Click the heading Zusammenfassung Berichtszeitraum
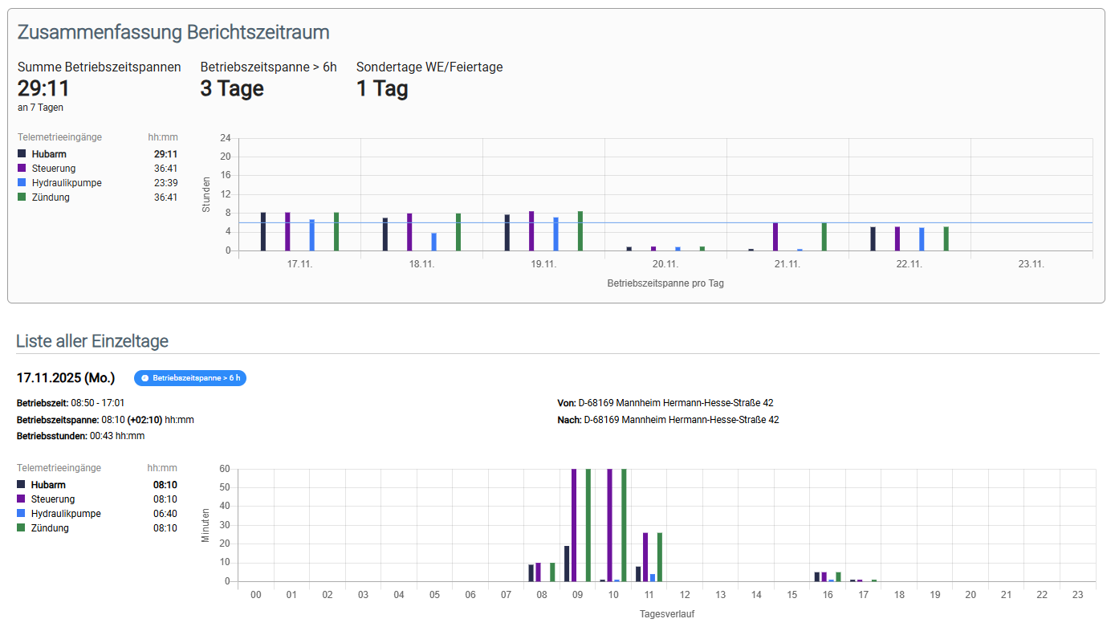[173, 32]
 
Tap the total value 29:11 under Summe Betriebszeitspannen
[43, 88]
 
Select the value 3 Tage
[232, 88]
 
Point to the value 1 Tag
[382, 88]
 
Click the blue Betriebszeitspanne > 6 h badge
[190, 377]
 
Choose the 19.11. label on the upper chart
[543, 264]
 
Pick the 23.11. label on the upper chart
[1031, 264]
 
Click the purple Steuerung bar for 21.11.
[775, 237]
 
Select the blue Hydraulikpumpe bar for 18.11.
[433, 242]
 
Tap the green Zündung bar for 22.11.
[946, 238]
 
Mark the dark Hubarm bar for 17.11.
[262, 231]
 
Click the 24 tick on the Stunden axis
[226, 138]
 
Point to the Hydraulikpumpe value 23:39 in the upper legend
[165, 183]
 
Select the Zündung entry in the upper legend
[51, 197]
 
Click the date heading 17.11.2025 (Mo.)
[66, 377]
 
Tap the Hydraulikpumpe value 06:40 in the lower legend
[165, 514]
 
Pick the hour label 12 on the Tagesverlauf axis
[685, 595]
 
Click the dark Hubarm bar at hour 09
[567, 564]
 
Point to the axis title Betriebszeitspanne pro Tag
[665, 283]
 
